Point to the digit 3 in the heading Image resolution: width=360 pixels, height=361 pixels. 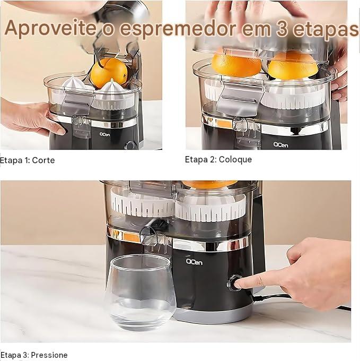click(282, 29)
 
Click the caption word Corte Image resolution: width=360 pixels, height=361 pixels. click(43, 160)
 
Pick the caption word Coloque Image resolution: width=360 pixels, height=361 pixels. click(235, 159)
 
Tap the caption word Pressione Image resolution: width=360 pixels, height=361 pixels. click(49, 355)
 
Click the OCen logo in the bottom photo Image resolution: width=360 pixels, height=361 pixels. click(194, 262)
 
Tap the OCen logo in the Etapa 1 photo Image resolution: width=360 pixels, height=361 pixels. click(104, 134)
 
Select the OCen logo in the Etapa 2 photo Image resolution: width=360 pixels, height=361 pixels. click(280, 145)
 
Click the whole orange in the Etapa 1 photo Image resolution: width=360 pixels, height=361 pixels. click(109, 73)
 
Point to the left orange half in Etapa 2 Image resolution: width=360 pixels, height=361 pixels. click(236, 64)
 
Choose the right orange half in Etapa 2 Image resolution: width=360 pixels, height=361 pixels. click(293, 65)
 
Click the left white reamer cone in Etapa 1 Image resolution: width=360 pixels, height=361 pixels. click(75, 83)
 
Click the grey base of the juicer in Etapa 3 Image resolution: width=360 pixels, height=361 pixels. click(214, 314)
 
